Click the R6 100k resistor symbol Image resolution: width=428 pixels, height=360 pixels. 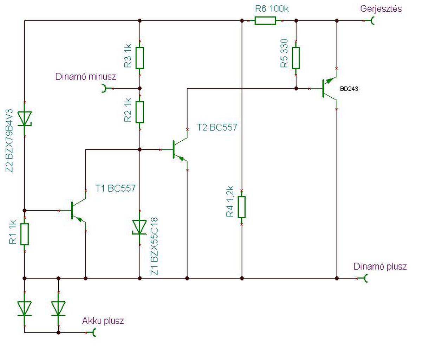point(265,21)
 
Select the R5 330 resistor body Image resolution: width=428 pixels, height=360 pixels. point(296,58)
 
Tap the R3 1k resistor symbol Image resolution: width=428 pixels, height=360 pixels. point(140,58)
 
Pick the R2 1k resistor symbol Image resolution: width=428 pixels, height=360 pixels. point(140,112)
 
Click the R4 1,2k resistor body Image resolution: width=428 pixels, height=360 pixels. point(242,207)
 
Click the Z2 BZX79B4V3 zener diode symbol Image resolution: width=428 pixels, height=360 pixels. point(25,118)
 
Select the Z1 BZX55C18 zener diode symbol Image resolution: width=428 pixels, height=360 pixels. point(140,227)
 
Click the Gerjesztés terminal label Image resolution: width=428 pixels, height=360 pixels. point(381,9)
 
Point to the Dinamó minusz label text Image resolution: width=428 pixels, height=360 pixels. point(85,76)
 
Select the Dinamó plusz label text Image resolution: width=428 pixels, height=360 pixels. point(380,266)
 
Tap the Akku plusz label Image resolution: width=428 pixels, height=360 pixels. point(103,321)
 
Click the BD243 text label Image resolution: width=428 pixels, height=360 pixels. point(349,89)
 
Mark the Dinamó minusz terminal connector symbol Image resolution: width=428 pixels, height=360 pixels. point(104,89)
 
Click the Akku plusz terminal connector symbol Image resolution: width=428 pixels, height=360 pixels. point(94,333)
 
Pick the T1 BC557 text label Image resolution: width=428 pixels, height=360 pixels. point(115,188)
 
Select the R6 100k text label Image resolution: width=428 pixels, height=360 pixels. point(272,9)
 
